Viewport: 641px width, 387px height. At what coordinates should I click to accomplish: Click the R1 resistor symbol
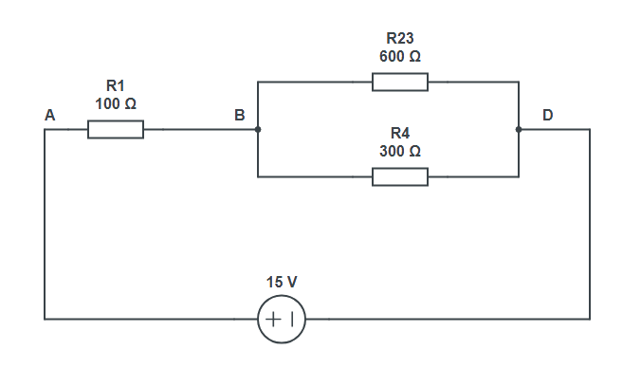point(116,129)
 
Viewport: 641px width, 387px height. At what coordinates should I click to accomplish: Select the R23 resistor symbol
point(399,83)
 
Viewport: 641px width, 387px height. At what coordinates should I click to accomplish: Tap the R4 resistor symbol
point(399,176)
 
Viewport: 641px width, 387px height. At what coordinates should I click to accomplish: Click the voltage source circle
point(282,320)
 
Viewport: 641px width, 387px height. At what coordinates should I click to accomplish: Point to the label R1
point(116,85)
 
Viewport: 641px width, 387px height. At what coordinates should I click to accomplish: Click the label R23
point(399,38)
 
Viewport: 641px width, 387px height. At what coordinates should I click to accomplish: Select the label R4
point(399,133)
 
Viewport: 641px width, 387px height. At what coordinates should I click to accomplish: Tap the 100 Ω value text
point(116,103)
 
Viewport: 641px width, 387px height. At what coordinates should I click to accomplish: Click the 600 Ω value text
point(399,56)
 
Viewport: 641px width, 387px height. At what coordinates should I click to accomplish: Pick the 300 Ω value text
point(399,151)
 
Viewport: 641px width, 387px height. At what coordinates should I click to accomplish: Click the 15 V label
point(282,283)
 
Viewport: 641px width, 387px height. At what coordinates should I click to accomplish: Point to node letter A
point(49,116)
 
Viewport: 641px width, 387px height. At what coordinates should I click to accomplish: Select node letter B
point(240,116)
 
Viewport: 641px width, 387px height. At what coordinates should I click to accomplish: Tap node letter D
point(548,116)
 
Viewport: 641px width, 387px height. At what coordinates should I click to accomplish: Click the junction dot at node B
point(258,129)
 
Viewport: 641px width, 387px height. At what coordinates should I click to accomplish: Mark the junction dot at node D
point(519,129)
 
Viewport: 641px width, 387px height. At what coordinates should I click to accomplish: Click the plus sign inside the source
point(273,320)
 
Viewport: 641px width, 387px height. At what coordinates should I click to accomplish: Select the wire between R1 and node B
point(199,129)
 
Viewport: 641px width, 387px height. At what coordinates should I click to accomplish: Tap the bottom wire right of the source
point(446,320)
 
